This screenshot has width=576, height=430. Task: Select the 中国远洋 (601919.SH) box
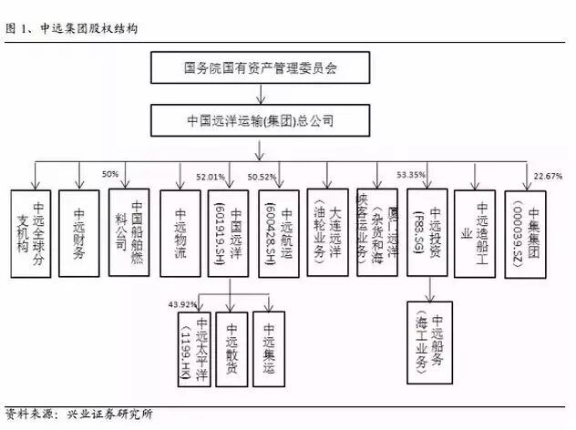(228, 233)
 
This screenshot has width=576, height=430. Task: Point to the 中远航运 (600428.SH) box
(279, 233)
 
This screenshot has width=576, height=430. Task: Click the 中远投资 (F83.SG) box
(426, 233)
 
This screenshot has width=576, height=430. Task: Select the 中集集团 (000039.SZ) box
(526, 233)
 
